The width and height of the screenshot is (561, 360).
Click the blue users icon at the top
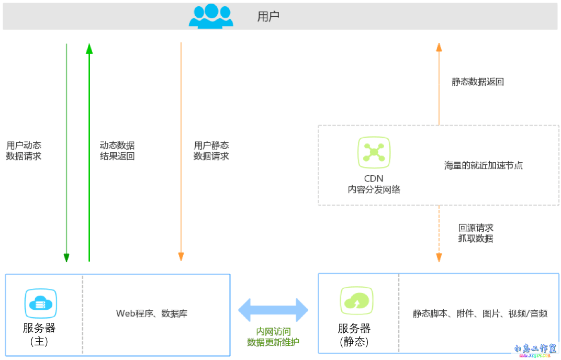tap(211, 16)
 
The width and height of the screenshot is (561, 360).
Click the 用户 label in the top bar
tap(268, 17)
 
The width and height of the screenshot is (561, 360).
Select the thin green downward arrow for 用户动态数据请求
tap(66, 152)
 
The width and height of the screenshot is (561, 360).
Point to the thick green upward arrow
tap(89, 152)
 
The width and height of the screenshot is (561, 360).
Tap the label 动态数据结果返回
tap(117, 151)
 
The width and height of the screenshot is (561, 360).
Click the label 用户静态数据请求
tap(211, 151)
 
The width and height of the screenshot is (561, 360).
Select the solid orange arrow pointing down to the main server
tap(181, 152)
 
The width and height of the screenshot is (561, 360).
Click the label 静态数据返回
tap(477, 82)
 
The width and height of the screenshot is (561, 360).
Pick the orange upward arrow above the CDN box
tap(439, 84)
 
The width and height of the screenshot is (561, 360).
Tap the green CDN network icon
tap(374, 152)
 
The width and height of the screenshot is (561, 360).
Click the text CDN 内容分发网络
tap(374, 184)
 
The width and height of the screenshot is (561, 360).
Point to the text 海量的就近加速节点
tap(483, 165)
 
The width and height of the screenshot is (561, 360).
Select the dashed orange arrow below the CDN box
tap(439, 233)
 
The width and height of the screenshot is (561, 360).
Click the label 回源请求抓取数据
tap(476, 233)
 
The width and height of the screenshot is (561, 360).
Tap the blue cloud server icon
tap(40, 303)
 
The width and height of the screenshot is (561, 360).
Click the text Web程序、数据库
tap(152, 313)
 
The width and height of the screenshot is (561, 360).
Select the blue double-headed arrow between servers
tap(273, 310)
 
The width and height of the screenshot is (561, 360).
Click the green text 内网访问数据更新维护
tap(273, 337)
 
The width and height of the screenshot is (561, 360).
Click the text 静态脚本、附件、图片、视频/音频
tap(480, 313)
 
